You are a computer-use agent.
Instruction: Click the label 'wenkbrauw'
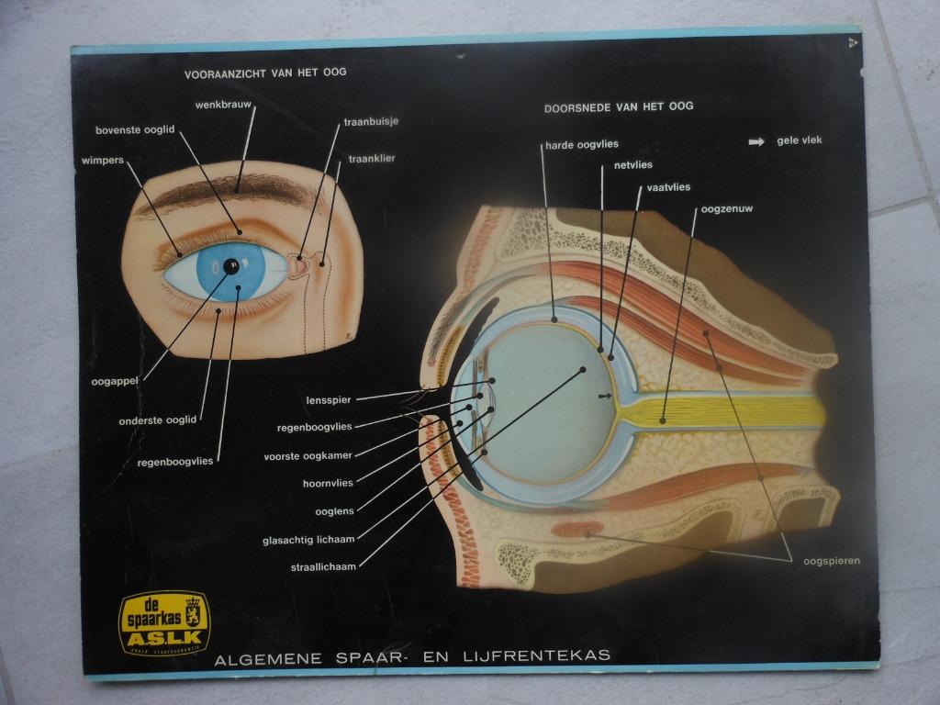pyautogui.click(x=223, y=105)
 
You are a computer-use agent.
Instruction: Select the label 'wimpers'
pyautogui.click(x=102, y=160)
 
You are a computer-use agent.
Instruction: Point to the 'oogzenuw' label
pyautogui.click(x=726, y=209)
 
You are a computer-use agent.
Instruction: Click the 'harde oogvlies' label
pyautogui.click(x=582, y=144)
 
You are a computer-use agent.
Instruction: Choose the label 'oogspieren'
pyautogui.click(x=832, y=561)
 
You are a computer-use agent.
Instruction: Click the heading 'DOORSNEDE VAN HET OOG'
pyautogui.click(x=619, y=106)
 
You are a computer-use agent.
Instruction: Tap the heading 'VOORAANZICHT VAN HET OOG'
pyautogui.click(x=265, y=72)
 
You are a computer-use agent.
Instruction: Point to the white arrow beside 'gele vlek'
pyautogui.click(x=756, y=141)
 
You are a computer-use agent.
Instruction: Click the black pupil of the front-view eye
pyautogui.click(x=230, y=266)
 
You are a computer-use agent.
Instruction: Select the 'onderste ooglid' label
pyautogui.click(x=158, y=420)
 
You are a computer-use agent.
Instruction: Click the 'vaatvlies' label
pyautogui.click(x=668, y=187)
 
